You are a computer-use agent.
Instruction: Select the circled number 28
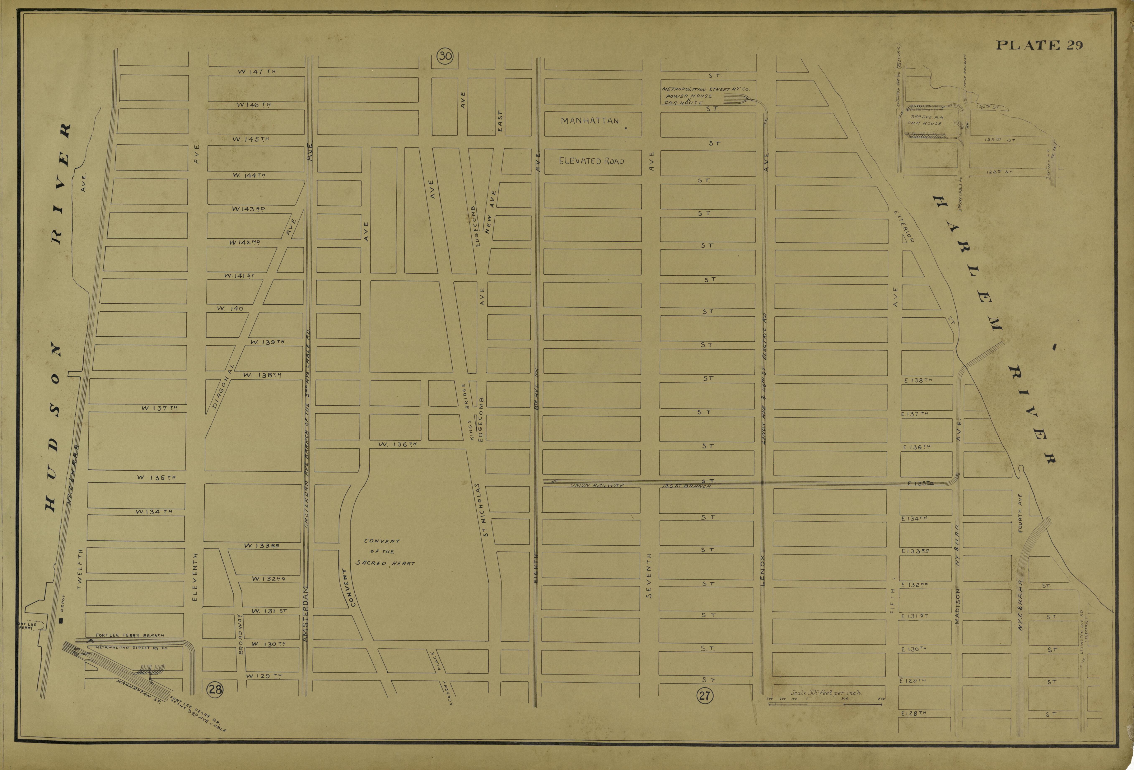click(215, 690)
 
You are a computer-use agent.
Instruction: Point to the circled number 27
click(705, 695)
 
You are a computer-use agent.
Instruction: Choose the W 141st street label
click(240, 276)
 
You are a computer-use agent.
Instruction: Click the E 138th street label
click(917, 380)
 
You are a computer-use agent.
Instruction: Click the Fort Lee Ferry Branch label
click(130, 635)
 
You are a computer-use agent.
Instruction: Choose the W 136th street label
click(397, 444)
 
